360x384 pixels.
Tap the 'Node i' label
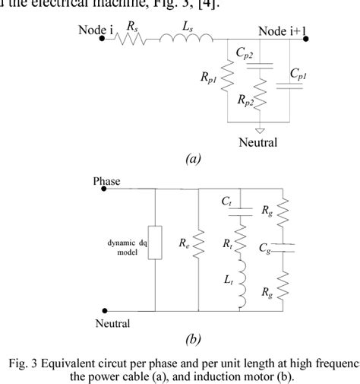click(96, 30)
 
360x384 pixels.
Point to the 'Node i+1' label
click(282, 30)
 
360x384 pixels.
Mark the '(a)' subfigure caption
click(193, 160)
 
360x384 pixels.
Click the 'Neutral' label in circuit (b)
click(111, 323)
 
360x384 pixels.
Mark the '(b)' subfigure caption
click(193, 338)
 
